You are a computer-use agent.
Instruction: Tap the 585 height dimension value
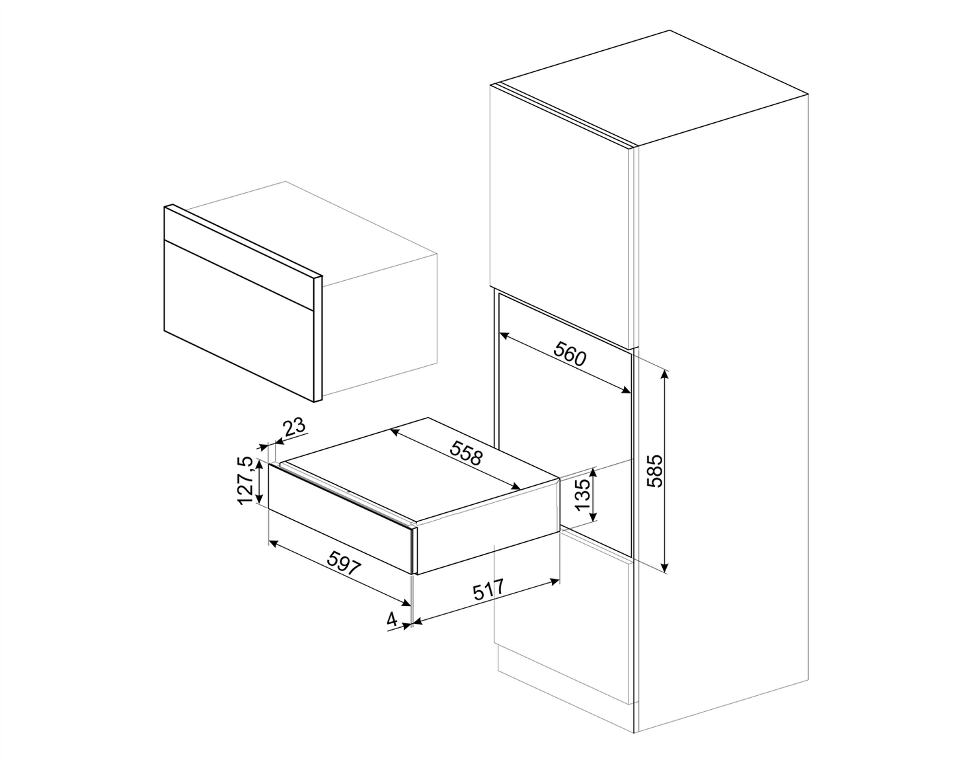tap(654, 470)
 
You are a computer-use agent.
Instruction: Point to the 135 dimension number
tap(582, 494)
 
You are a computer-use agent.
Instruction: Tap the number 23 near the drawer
tap(295, 427)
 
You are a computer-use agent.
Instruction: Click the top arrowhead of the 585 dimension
tap(666, 373)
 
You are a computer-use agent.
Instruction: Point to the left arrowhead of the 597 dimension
tap(271, 543)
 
